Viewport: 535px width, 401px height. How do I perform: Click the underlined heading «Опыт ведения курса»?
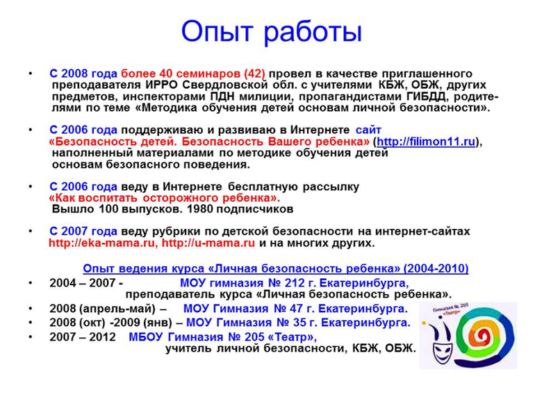[275, 268]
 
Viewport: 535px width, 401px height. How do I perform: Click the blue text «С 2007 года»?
[83, 231]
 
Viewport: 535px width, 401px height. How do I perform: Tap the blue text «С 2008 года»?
[83, 74]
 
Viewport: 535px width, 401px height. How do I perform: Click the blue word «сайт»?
[368, 130]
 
